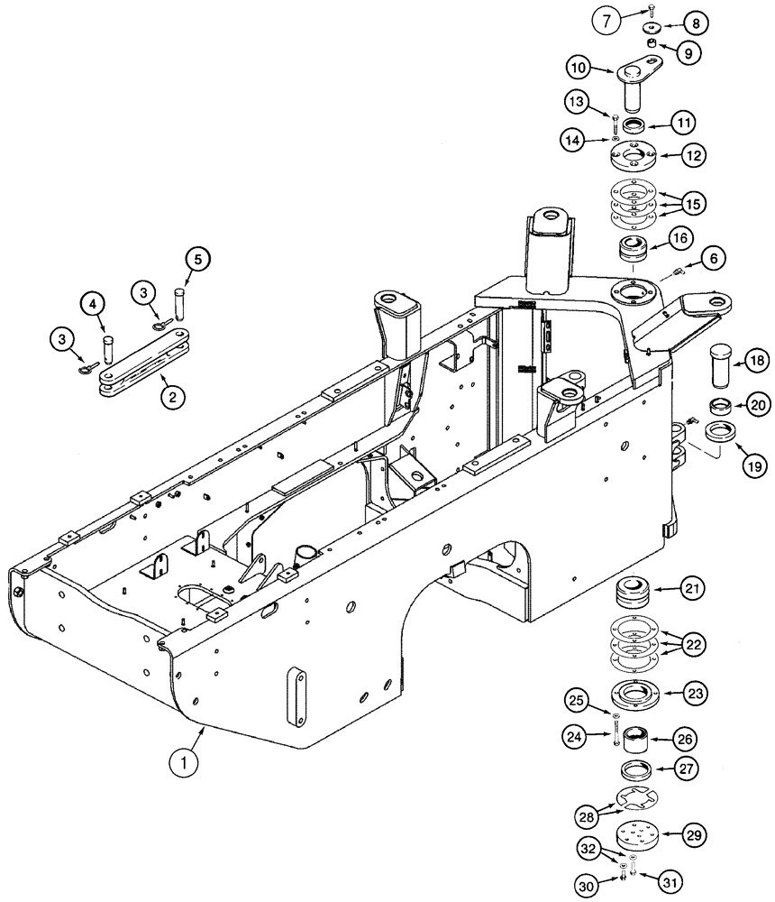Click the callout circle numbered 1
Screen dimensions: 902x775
pyautogui.click(x=184, y=764)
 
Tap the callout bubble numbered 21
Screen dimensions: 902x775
pyautogui.click(x=690, y=590)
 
